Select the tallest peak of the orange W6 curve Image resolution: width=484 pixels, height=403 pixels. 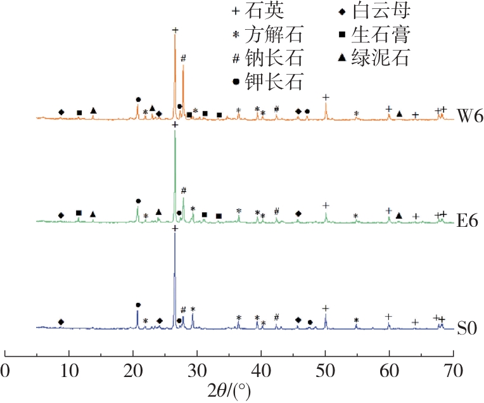pos(175,37)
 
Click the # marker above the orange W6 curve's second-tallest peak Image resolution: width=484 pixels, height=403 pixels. pos(183,58)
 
